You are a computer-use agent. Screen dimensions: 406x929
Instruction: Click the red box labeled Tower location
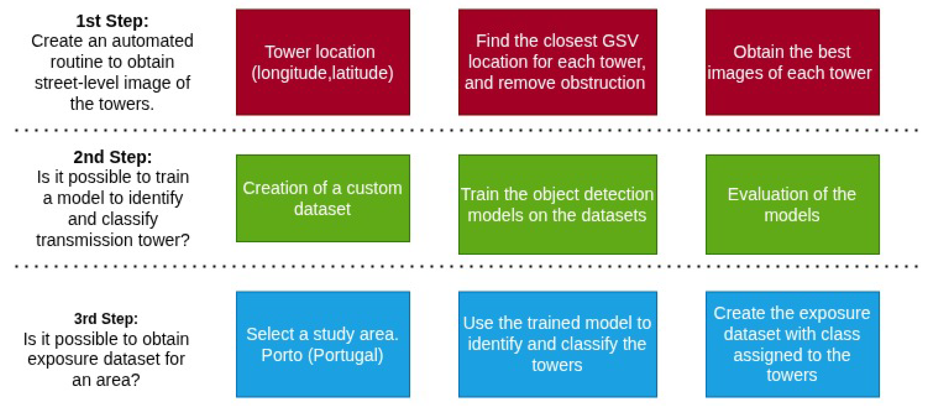click(x=323, y=62)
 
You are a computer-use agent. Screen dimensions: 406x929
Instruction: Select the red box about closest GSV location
click(x=558, y=62)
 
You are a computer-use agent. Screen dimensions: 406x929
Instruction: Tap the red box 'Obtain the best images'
click(x=792, y=62)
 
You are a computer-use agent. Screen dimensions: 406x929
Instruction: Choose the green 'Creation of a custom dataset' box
click(x=323, y=198)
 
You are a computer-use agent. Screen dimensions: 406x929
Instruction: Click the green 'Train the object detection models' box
click(x=558, y=204)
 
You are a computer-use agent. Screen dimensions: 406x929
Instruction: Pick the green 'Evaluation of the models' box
click(x=792, y=204)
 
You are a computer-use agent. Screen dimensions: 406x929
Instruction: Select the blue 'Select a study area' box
click(x=323, y=344)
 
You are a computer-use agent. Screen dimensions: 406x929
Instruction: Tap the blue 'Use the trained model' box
click(x=558, y=344)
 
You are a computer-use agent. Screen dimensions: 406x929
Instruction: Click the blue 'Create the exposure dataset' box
click(x=792, y=344)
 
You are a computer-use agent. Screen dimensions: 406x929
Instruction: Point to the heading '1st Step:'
click(x=112, y=21)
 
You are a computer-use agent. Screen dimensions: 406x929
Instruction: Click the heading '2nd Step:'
click(x=113, y=157)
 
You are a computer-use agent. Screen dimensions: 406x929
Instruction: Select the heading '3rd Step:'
click(x=106, y=319)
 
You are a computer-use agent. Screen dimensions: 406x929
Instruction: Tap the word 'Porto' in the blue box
click(x=282, y=355)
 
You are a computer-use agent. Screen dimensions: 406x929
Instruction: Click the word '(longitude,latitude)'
click(x=322, y=73)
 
